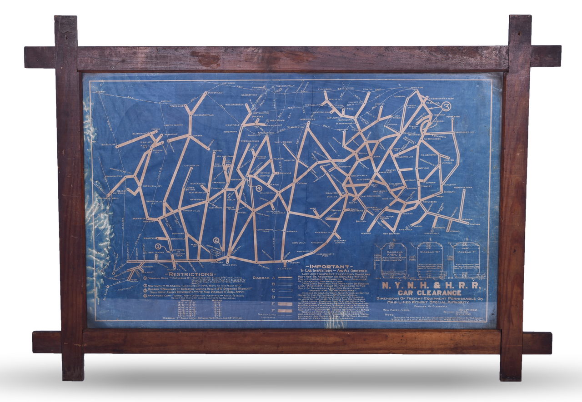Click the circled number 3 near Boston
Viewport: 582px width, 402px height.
(x=446, y=107)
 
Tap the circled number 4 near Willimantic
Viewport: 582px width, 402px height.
(x=259, y=188)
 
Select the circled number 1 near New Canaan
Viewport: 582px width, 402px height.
(x=158, y=247)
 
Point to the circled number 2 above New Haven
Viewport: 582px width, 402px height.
(x=216, y=241)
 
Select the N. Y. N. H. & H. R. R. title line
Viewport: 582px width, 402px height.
(x=430, y=285)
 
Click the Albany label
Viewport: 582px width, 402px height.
(x=100, y=92)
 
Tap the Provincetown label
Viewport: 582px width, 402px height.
(x=462, y=187)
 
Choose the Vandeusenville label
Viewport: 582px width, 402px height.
(x=201, y=115)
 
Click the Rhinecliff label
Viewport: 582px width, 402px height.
(x=104, y=144)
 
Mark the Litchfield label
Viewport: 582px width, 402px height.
(x=192, y=166)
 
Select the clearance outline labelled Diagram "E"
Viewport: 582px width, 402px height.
(x=429, y=260)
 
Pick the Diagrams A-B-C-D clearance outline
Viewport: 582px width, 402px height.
(x=394, y=260)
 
